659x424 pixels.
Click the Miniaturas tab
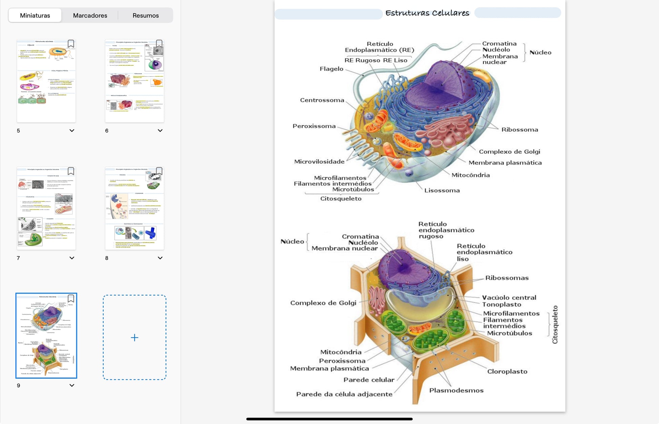35,16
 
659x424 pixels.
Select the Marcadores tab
90,16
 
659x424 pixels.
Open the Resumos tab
146,16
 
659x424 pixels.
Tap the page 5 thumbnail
46,81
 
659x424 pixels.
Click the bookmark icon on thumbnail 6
159,44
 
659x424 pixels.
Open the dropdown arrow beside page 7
72,258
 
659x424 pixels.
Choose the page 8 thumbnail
134,208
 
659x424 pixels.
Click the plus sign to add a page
134,337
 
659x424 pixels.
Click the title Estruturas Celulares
427,13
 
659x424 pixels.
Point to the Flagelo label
331,69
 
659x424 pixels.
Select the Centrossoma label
322,100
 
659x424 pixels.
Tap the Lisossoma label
442,190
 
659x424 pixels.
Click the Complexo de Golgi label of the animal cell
509,152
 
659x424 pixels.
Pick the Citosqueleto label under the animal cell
341,199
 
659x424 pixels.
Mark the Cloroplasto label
507,372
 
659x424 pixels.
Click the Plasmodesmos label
456,390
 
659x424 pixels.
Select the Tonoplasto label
502,304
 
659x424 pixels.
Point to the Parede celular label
369,380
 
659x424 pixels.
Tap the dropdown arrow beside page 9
72,385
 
